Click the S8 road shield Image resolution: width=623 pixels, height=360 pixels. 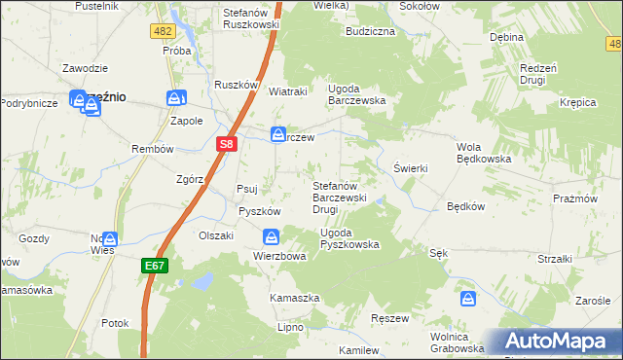pos(226,144)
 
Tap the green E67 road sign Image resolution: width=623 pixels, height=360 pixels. pos(157,264)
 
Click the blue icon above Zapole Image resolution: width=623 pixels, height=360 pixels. pos(175,98)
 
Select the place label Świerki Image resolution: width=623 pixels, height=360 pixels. pos(410,168)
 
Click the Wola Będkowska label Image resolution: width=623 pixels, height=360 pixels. pos(484,153)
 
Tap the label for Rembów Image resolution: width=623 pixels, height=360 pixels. pos(152,149)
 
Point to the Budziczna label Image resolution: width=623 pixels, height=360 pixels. pos(370,31)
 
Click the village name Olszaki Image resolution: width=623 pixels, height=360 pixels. pos(217,235)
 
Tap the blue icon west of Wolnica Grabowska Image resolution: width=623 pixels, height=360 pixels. pos(468,299)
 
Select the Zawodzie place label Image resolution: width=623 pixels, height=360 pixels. pos(85,68)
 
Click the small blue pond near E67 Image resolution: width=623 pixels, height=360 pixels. pos(202,281)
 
